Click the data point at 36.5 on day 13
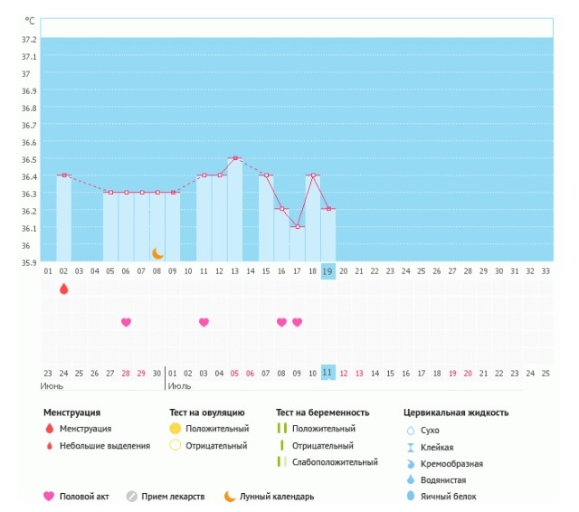pyautogui.click(x=235, y=158)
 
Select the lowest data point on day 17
pyautogui.click(x=298, y=227)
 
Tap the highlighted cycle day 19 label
pyautogui.click(x=327, y=271)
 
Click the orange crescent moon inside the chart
pyautogui.click(x=157, y=253)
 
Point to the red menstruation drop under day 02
pyautogui.click(x=64, y=289)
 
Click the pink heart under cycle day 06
pyautogui.click(x=126, y=322)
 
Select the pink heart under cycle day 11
pyautogui.click(x=204, y=322)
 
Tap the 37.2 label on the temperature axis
pyautogui.click(x=29, y=39)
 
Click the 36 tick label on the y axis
pyautogui.click(x=25, y=245)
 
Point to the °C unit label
pyautogui.click(x=30, y=21)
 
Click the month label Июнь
pyautogui.click(x=52, y=386)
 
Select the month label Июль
pyautogui.click(x=179, y=386)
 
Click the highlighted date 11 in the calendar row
pyautogui.click(x=327, y=373)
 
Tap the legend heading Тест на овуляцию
pyautogui.click(x=207, y=412)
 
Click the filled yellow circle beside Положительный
pyautogui.click(x=175, y=429)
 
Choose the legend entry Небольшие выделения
pyautogui.click(x=105, y=446)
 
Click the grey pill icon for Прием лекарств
pyautogui.click(x=132, y=497)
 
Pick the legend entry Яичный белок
pyautogui.click(x=449, y=497)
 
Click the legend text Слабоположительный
pyautogui.click(x=335, y=462)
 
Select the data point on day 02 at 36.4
pyautogui.click(x=64, y=175)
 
